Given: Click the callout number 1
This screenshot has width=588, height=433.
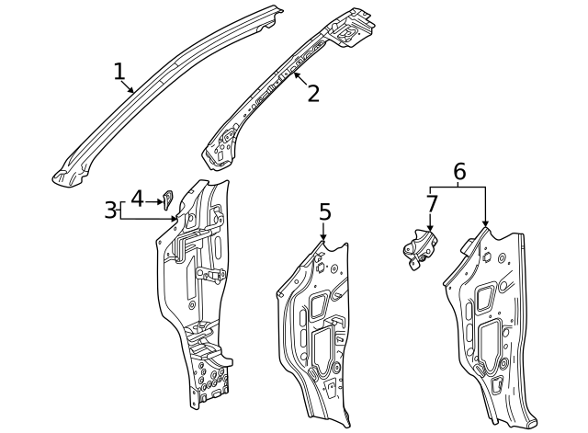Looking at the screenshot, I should pos(119,71).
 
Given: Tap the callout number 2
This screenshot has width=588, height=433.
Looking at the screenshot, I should pos(313,93).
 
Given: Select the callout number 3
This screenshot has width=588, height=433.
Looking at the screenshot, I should pos(110,211).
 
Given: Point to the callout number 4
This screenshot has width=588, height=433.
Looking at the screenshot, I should pos(137,198).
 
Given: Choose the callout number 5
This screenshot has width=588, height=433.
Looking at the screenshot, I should pos(324,212).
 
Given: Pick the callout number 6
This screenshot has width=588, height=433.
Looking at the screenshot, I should pos(459,171).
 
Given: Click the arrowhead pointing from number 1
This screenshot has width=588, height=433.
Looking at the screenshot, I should pos(134,92).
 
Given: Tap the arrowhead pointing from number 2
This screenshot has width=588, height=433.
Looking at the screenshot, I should pos(294,74).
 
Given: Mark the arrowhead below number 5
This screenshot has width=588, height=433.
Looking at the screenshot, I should pos(323,241).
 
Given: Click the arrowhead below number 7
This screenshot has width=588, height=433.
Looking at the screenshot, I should pos(429,229).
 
